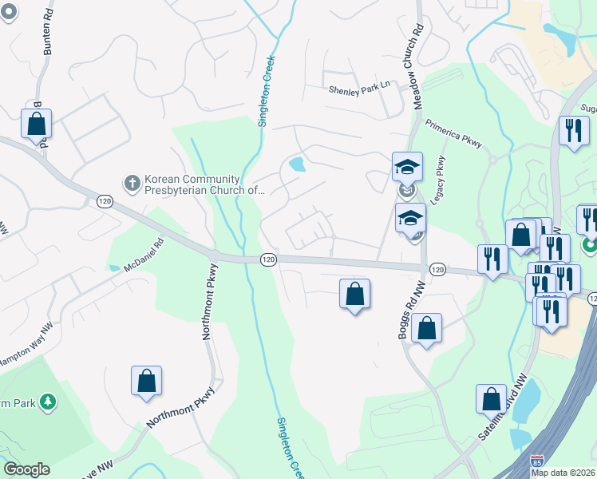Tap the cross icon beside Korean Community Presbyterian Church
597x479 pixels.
coord(132,184)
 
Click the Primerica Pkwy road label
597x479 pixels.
coord(453,134)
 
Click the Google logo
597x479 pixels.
coord(26,469)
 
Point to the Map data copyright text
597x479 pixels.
coord(563,473)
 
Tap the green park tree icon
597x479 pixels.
coord(49,402)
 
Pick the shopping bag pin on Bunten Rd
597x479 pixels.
coord(36,124)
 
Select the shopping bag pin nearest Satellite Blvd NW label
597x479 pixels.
coord(491,398)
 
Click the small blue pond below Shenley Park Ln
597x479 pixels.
coord(297,165)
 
